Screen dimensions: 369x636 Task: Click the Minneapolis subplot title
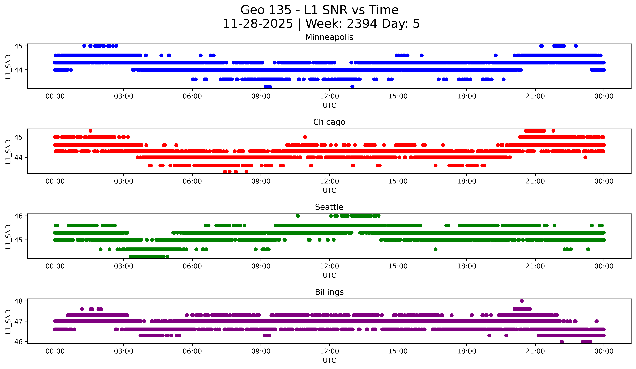click(329, 37)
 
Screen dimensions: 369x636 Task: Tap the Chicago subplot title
click(329, 122)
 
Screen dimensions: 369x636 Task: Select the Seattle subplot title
click(329, 207)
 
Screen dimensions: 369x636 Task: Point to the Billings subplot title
click(329, 292)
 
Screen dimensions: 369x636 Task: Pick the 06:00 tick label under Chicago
click(192, 181)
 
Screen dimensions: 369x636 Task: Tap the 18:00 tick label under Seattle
click(466, 266)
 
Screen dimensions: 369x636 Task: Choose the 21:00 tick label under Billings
click(535, 351)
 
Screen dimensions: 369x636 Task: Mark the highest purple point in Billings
click(522, 301)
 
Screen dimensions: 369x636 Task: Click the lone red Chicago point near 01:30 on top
click(90, 131)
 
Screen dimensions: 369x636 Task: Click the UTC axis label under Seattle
click(329, 275)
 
